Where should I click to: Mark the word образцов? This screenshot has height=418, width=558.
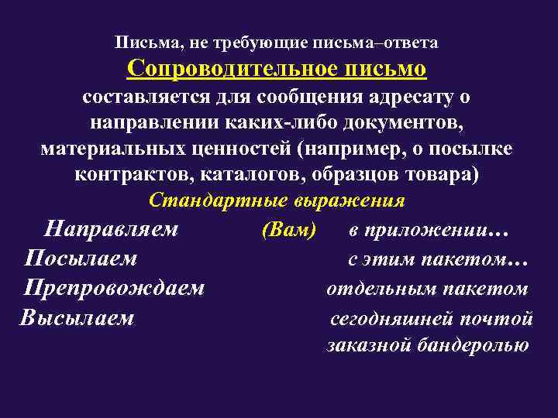[350, 174]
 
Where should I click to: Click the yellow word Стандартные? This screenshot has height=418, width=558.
[219, 200]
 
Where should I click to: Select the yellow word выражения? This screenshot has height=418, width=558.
[349, 200]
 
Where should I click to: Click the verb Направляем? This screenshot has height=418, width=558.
[112, 230]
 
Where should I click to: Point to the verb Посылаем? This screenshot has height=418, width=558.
[81, 259]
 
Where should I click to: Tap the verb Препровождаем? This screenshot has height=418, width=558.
[114, 289]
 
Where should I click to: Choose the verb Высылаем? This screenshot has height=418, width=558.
[77, 318]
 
